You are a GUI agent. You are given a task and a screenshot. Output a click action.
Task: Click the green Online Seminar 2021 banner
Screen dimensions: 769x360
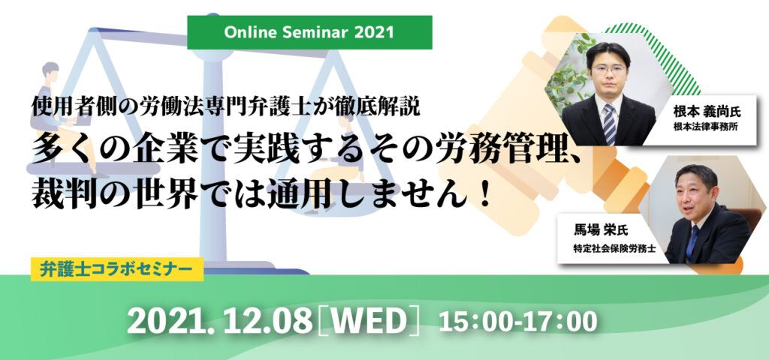coord(309,32)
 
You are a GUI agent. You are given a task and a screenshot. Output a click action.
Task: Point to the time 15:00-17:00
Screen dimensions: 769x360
coord(518,322)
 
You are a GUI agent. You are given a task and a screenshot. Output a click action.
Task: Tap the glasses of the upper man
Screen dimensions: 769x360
coord(608,69)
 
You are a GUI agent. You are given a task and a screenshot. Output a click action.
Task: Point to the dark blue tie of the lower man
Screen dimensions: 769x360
coord(693,243)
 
